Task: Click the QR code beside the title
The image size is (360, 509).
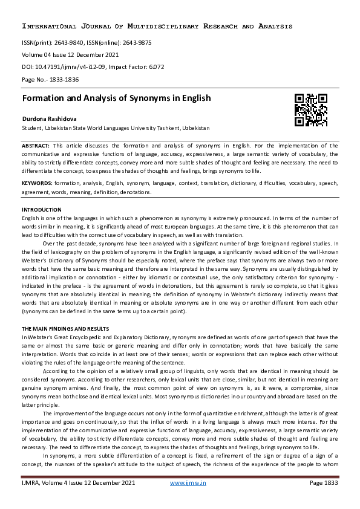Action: [x=310, y=110]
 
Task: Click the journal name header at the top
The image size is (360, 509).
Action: [x=157, y=27]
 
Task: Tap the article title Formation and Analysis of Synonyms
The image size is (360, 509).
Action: [x=116, y=98]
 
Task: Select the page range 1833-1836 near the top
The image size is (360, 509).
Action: [x=62, y=79]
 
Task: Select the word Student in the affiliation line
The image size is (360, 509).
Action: [x=32, y=129]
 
